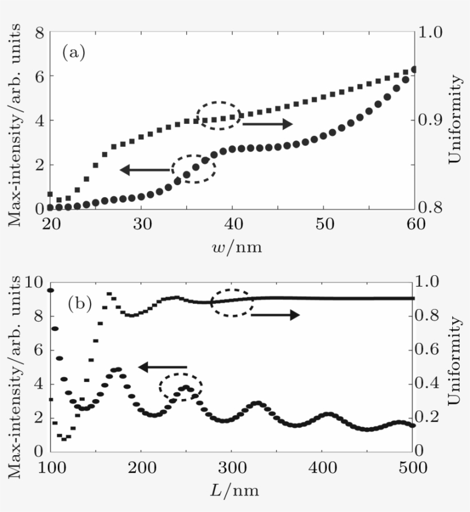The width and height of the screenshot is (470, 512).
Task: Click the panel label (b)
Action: pyautogui.click(x=79, y=302)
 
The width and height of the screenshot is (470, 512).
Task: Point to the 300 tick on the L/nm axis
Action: pyautogui.click(x=232, y=467)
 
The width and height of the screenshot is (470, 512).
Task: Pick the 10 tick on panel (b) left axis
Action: pyautogui.click(x=36, y=282)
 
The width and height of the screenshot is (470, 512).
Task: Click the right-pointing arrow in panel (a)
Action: pyautogui.click(x=268, y=124)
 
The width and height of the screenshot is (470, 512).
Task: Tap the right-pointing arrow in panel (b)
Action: pyautogui.click(x=275, y=315)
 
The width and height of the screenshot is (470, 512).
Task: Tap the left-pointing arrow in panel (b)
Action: pyautogui.click(x=163, y=367)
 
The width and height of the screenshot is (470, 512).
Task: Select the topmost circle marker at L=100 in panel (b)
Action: pyautogui.click(x=50, y=290)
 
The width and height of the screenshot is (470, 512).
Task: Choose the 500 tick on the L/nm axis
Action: pyautogui.click(x=413, y=467)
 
